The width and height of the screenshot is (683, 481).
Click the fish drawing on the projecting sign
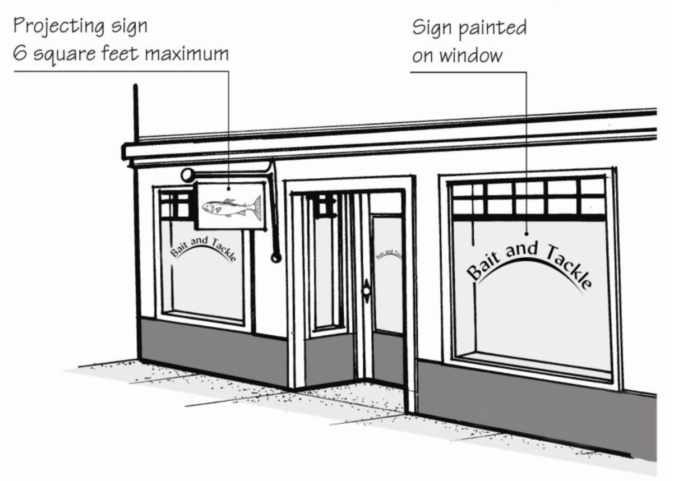click(x=232, y=207)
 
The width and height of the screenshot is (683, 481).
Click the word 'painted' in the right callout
click(x=494, y=28)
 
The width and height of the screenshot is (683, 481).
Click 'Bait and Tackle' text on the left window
click(x=203, y=248)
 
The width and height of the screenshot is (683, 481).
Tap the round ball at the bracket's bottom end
click(x=275, y=258)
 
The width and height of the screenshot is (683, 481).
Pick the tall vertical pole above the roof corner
click(x=135, y=112)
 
